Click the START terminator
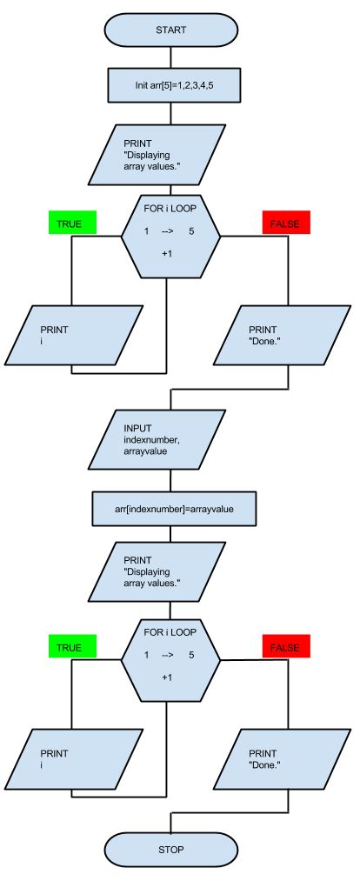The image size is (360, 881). point(170,30)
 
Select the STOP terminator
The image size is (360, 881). point(170,849)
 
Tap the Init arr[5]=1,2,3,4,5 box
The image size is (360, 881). point(170,85)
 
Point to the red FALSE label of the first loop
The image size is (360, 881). point(286,224)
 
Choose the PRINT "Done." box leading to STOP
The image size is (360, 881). point(287,758)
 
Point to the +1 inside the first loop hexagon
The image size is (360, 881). point(168,253)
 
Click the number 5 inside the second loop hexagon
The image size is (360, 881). point(190,654)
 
